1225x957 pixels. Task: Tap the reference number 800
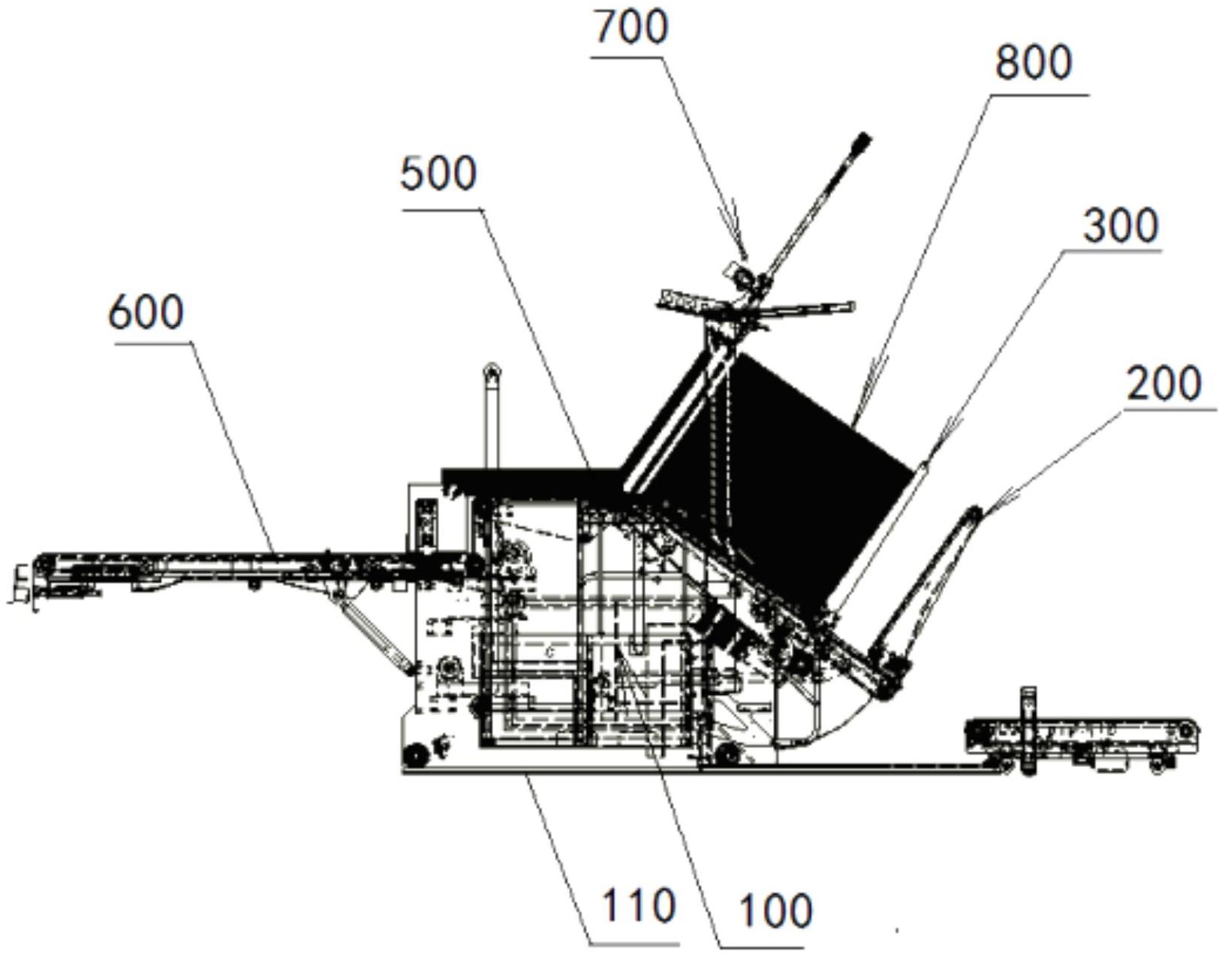point(1034,63)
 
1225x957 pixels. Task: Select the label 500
point(439,175)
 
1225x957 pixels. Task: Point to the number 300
point(1121,226)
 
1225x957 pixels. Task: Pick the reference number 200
point(1163,384)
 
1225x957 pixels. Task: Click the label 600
point(146,312)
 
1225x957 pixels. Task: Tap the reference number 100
point(775,911)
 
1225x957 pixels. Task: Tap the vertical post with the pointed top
point(492,413)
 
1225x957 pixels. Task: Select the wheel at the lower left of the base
point(414,753)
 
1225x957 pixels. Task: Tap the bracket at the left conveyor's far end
point(23,582)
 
